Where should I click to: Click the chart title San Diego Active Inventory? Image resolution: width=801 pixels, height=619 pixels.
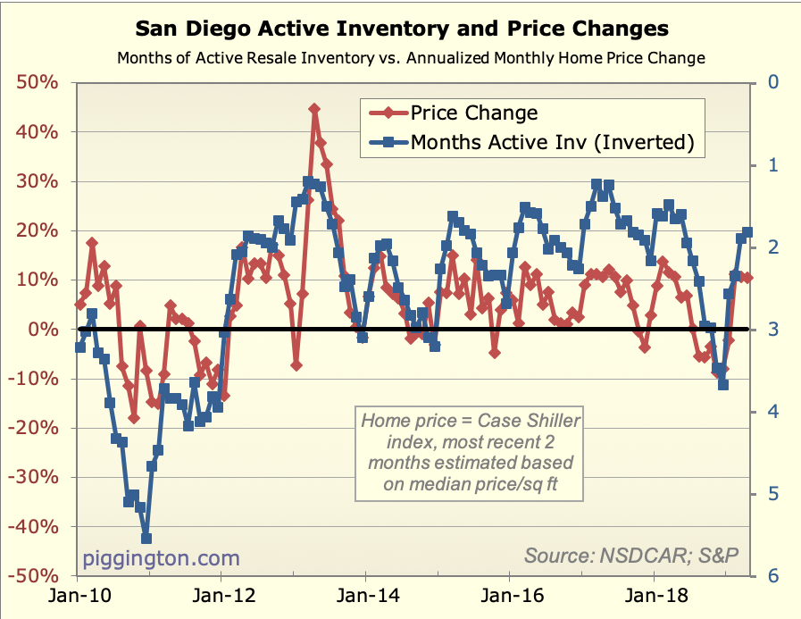coord(401,29)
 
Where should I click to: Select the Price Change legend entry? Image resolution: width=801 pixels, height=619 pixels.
coord(473,113)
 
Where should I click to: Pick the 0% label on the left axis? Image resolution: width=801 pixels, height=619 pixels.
coord(47,330)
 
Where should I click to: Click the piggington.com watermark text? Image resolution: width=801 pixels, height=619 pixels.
coord(162,558)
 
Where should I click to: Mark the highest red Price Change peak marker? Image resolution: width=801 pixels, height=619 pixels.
coord(314,109)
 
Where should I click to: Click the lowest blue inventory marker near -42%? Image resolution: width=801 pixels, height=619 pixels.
coord(146,539)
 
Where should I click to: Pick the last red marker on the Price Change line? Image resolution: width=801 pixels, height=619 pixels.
coord(747,278)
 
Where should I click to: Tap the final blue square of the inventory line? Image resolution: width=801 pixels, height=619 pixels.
coord(748,232)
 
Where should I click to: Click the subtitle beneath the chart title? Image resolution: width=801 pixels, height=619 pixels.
coord(412,58)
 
